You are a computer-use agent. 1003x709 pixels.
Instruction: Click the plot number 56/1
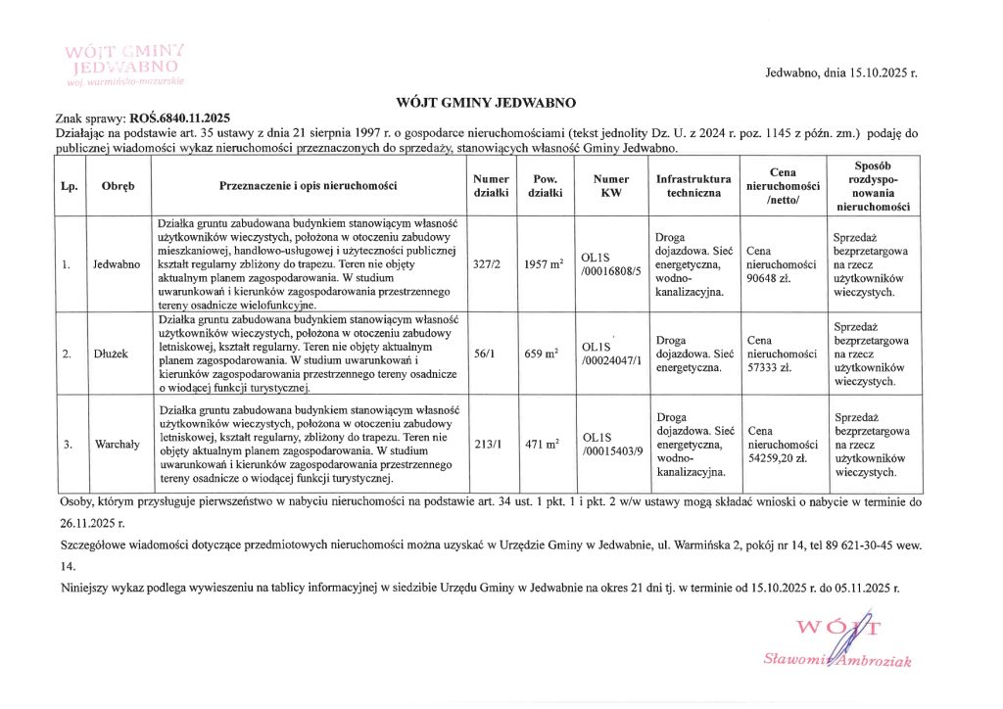point(484,354)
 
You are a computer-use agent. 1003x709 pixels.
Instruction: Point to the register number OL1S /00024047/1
point(609,354)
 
